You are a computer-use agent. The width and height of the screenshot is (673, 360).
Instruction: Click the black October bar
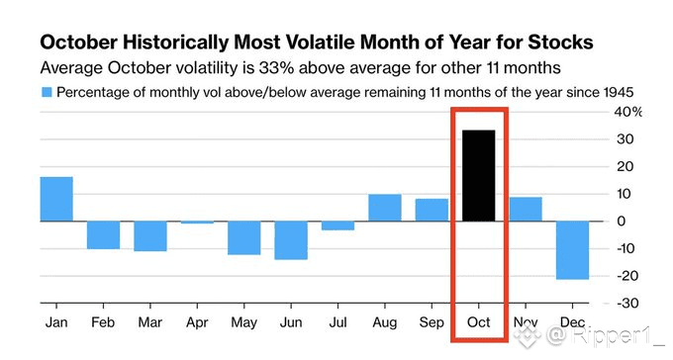pos(479,175)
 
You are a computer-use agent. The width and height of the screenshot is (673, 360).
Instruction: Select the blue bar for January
pos(56,199)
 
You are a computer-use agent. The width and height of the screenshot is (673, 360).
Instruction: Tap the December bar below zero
pos(573,250)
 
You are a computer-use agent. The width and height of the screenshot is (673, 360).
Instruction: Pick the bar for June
pos(291,240)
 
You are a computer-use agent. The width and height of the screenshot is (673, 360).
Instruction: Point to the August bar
pos(385,208)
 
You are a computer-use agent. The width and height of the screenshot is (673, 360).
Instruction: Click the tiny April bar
pos(197,223)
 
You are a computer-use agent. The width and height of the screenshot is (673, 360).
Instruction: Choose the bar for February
pos(104,235)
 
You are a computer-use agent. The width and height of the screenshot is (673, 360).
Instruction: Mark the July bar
pos(338,225)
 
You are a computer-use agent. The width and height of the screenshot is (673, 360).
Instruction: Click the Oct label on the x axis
pos(479,322)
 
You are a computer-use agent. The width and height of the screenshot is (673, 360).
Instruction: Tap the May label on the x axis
pos(243,322)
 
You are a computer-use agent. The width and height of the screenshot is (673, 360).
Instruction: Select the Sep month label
pos(432,322)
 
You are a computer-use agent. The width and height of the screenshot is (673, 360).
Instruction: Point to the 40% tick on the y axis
pos(627,112)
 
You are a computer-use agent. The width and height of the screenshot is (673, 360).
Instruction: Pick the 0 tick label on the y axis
pos(622,222)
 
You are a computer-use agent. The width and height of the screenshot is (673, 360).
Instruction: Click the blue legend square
pos(47,92)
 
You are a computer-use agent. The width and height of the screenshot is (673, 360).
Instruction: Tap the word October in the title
pos(78,43)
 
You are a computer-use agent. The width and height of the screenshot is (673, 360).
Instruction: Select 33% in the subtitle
pos(274,68)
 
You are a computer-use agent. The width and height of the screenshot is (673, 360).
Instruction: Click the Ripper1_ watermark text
pos(618,335)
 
